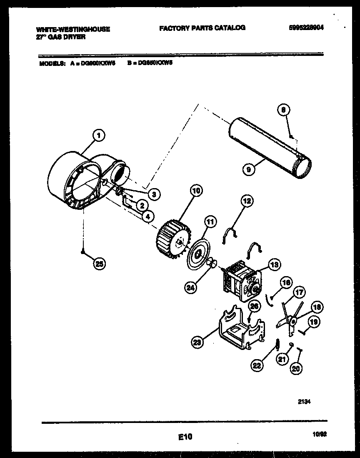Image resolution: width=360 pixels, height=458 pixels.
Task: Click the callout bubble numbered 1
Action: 98,135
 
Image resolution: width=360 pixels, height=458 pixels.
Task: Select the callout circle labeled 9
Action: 249,169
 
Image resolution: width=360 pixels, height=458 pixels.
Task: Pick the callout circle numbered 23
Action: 197,342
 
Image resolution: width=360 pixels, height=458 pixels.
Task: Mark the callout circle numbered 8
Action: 283,110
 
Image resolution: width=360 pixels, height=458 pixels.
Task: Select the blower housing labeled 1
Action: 79,179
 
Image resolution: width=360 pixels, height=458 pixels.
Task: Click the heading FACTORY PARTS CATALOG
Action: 202,28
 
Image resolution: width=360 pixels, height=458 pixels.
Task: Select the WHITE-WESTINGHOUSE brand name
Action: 73,29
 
